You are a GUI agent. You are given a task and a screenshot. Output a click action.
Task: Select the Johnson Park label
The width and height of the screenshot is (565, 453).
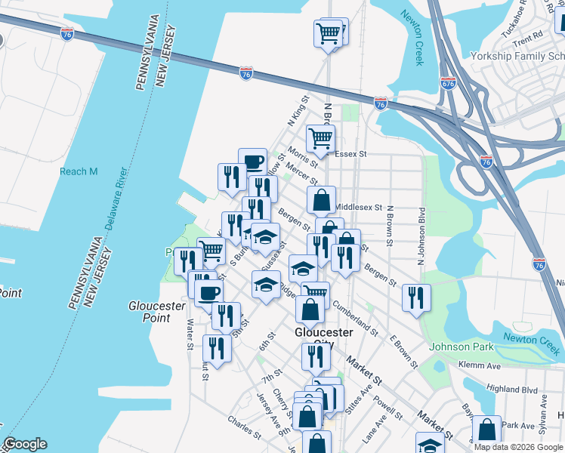tap(460, 347)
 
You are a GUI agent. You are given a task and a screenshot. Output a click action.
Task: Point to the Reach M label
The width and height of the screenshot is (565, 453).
tap(79, 171)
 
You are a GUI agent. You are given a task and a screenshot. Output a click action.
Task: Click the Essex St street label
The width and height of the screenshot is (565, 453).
tap(350, 153)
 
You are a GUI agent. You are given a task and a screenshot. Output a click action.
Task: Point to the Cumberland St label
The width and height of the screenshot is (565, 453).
tap(354, 316)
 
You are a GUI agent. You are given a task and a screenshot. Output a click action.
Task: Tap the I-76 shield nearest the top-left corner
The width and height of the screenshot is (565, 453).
tap(67, 34)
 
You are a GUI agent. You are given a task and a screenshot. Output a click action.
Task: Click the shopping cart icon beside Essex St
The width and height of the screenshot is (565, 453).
tap(321, 138)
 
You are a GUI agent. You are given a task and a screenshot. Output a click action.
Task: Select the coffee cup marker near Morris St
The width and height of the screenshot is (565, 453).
tap(252, 161)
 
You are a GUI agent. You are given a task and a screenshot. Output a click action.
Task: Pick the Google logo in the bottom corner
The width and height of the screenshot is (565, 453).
tap(25, 444)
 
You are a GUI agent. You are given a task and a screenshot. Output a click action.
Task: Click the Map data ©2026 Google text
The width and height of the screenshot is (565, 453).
tap(519, 447)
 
